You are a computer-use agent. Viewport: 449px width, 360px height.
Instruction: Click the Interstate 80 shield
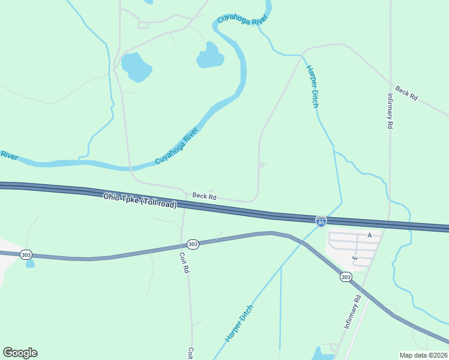tap(321, 222)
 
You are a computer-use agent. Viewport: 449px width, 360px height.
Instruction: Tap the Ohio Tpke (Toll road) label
tap(140, 200)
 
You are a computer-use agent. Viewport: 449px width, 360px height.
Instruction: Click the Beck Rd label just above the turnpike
tap(204, 196)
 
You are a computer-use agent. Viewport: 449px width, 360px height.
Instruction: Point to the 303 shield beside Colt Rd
tap(193, 244)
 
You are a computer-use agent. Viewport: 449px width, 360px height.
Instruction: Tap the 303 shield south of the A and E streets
tap(345, 277)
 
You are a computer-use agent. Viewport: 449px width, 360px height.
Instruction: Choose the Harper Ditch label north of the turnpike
tap(312, 86)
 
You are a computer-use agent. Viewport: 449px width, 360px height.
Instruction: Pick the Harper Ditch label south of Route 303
tap(240, 323)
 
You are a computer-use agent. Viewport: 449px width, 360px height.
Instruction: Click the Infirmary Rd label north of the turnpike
tap(390, 112)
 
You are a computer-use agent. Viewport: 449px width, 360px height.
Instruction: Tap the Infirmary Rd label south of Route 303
tap(353, 311)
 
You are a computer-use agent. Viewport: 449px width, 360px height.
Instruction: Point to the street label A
tap(370, 236)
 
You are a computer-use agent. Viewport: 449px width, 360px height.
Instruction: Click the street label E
tap(355, 258)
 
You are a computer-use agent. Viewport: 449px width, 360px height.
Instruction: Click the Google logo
tap(20, 353)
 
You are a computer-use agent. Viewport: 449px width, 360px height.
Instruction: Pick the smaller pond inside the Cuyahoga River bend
tap(209, 56)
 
